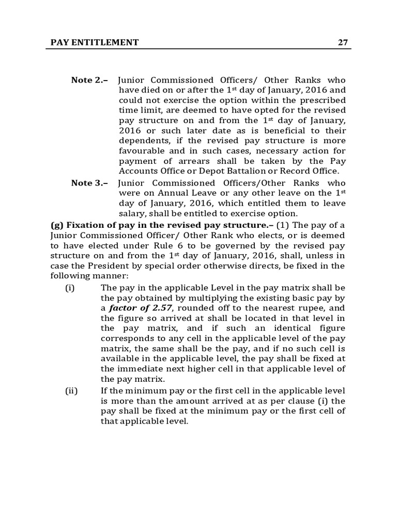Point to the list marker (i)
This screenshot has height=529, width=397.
[70, 287]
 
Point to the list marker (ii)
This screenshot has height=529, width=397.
[71, 391]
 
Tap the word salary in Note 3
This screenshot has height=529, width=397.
[132, 214]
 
